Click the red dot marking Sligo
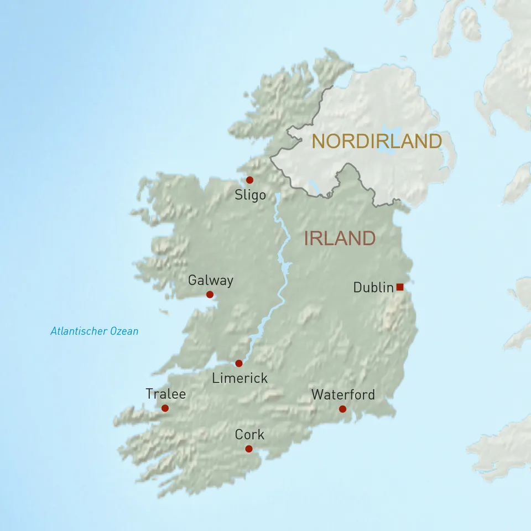pos(249,180)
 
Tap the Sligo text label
pos(250,195)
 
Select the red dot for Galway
pos(210,295)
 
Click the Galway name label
pos(210,280)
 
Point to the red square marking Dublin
pos(400,287)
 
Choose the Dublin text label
pos(373,288)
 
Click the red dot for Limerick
pos(239,363)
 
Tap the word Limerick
pos(240,378)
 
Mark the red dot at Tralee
pos(165,408)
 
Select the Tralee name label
pos(165,394)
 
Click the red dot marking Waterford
pos(342,409)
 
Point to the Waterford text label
pos(343,394)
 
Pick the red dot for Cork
pos(249,449)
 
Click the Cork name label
pos(249,435)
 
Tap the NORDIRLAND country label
pos(377,142)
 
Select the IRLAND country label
pos(340,238)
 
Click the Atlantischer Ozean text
pos(94,331)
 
